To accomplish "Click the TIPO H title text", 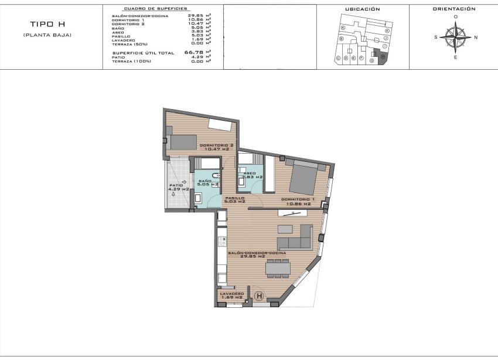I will tap(46, 25).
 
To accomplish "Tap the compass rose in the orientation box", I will tap(455, 37).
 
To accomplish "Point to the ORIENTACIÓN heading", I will tap(453, 9).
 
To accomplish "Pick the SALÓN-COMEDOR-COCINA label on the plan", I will tap(257, 254).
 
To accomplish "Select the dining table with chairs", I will tap(277, 268).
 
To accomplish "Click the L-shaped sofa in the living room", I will tap(294, 237).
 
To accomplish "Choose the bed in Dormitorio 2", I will tap(183, 141).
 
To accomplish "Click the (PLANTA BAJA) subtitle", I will tap(46, 36).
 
